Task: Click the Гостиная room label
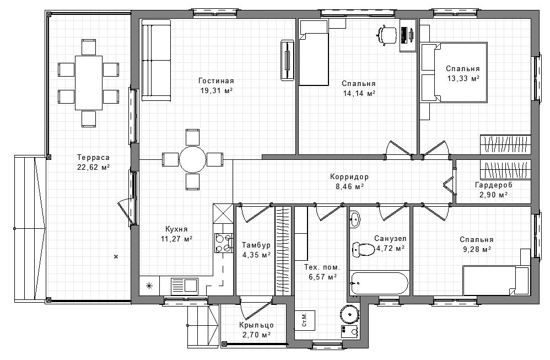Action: pyautogui.click(x=215, y=81)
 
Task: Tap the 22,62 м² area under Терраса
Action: pyautogui.click(x=93, y=167)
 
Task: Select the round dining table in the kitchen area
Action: pyautogui.click(x=192, y=159)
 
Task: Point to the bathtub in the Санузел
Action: pyautogui.click(x=379, y=283)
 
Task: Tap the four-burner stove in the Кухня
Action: pyautogui.click(x=224, y=243)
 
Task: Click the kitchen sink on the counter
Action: pyautogui.click(x=184, y=284)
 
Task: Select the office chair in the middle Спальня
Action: pyautogui.click(x=386, y=35)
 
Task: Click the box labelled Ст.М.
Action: pyautogui.click(x=304, y=320)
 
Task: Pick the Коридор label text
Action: pyautogui.click(x=349, y=177)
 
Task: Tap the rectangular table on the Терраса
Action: pyautogui.click(x=89, y=83)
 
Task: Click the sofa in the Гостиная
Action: pyautogui.click(x=156, y=60)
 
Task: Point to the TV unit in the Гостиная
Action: pyautogui.click(x=287, y=60)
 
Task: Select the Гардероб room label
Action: pyautogui.click(x=494, y=185)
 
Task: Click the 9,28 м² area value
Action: pyautogui.click(x=476, y=250)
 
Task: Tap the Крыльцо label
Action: pyautogui.click(x=256, y=325)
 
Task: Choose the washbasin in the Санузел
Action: pyautogui.click(x=354, y=219)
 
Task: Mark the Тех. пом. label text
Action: pyautogui.click(x=322, y=267)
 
